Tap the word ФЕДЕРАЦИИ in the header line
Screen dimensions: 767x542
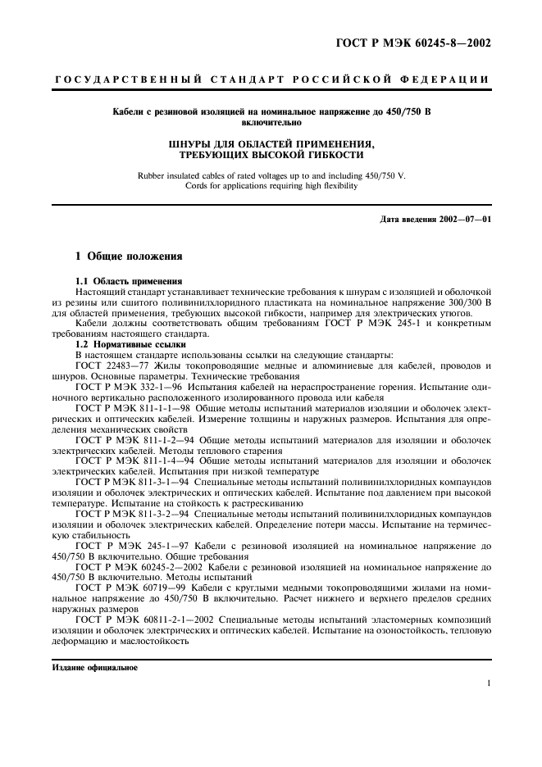[448, 79]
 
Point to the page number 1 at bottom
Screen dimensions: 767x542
[488, 683]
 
